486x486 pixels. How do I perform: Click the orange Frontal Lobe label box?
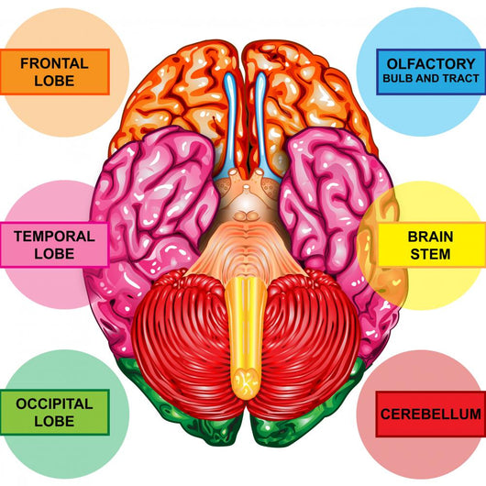click(55, 72)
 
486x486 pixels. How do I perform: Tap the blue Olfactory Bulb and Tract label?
click(431, 72)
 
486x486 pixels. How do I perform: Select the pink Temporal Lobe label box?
click(54, 245)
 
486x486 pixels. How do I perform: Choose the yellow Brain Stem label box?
click(432, 245)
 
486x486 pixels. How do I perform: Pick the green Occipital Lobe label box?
click(55, 413)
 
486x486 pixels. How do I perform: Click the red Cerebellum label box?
click(431, 414)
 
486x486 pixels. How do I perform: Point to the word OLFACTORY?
click(431, 64)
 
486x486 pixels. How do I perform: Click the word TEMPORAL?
click(54, 237)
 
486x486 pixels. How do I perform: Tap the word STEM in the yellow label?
click(430, 254)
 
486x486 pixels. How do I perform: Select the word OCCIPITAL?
click(54, 403)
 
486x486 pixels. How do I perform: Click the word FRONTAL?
click(54, 63)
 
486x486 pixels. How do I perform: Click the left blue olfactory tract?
click(229, 124)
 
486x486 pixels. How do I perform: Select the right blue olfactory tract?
click(262, 124)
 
